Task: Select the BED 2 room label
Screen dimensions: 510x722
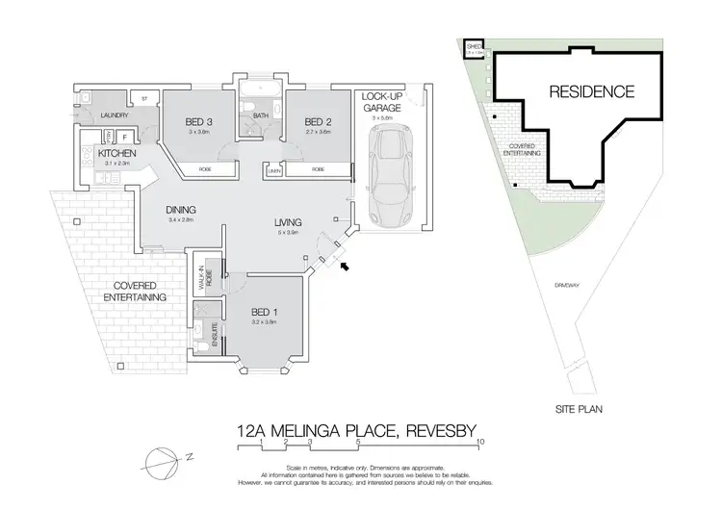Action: [319, 121]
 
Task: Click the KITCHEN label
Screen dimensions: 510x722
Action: [116, 154]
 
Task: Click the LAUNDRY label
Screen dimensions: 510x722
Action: [116, 116]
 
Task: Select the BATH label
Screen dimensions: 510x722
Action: [260, 116]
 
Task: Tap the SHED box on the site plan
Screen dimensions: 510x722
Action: [474, 47]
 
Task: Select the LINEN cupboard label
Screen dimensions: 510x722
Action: [274, 171]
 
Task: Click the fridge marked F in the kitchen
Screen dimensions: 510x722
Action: [125, 137]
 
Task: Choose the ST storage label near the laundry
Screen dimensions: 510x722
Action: [143, 97]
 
